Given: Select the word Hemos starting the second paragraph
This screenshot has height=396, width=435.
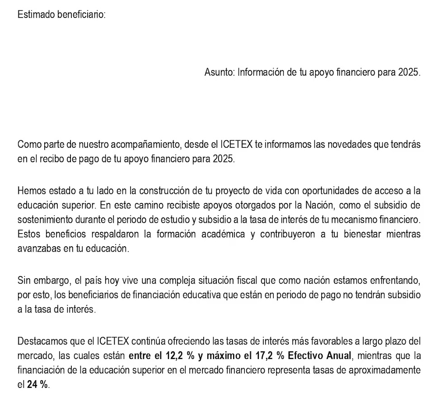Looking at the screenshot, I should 30,190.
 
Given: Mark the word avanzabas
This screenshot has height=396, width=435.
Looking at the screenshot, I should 37,249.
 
